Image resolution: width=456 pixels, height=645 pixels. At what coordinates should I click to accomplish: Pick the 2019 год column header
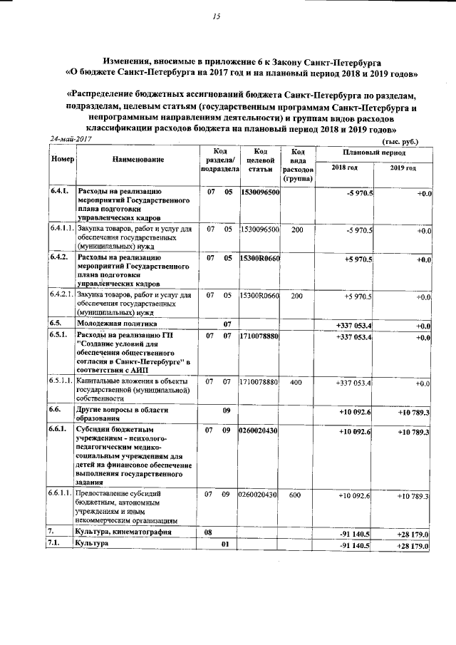tap(403, 167)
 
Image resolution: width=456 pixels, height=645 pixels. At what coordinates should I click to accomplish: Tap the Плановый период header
tap(373, 153)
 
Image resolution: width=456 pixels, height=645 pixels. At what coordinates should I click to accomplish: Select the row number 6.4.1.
tap(60, 192)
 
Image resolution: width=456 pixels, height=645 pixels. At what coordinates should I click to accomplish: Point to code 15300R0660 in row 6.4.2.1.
tap(260, 295)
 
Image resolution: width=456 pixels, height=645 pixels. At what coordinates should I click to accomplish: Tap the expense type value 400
tap(297, 383)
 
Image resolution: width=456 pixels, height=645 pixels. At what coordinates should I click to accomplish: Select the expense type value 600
tap(297, 495)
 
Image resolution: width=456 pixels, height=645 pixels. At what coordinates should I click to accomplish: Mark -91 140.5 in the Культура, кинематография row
tap(355, 533)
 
